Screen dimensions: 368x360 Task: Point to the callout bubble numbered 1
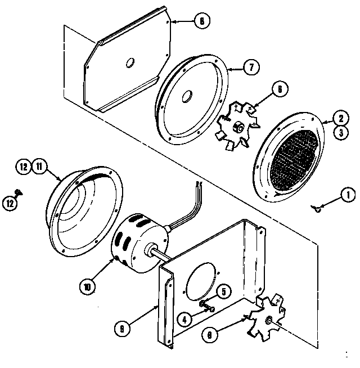coord(347,196)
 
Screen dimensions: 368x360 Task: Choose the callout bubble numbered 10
coord(88,286)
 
